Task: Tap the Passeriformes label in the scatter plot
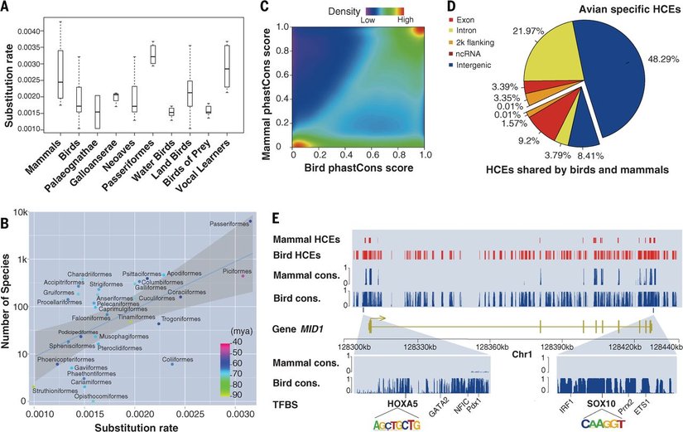tap(228, 224)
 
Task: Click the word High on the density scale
tap(407, 19)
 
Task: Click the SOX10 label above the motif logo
tap(601, 403)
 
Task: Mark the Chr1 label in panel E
tap(522, 353)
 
